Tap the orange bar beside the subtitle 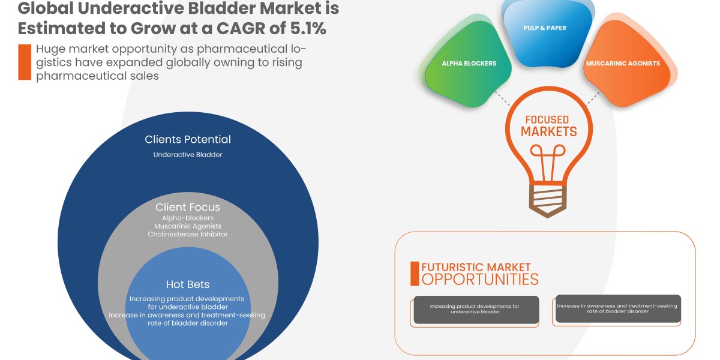tap(24, 62)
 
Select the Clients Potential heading tap(188, 139)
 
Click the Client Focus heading tap(188, 207)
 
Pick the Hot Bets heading tap(188, 284)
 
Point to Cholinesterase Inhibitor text tap(188, 234)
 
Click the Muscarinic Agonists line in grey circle tap(188, 226)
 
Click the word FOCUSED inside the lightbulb tap(547, 119)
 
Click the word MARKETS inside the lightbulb tap(548, 132)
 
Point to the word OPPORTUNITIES tap(480, 280)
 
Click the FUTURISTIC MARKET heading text tap(476, 266)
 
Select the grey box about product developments tap(476, 310)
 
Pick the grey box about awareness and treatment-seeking tap(617, 309)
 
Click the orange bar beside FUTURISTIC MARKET tap(414, 274)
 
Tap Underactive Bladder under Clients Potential tap(188, 155)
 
